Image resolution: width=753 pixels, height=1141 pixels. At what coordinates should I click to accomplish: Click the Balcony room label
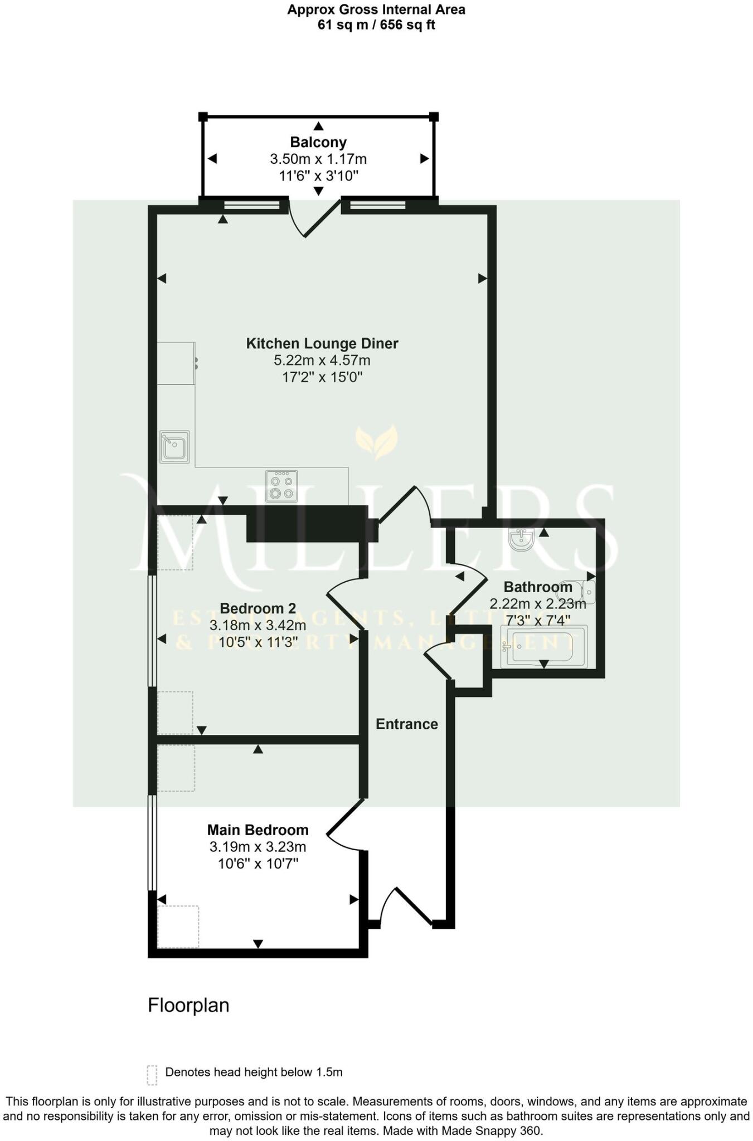tap(318, 142)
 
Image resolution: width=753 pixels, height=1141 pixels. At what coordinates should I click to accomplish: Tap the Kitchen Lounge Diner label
tap(322, 343)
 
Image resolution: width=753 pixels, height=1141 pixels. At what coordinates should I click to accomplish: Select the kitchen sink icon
tap(174, 447)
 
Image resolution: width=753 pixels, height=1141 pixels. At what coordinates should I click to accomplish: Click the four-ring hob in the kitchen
tap(281, 486)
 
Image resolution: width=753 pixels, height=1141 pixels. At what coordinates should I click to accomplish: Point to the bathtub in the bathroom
tap(543, 646)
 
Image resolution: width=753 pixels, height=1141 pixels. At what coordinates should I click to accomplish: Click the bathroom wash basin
tap(522, 539)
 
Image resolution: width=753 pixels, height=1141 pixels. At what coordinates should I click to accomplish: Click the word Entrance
tap(407, 724)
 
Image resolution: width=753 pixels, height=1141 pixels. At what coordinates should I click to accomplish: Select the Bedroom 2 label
tap(258, 608)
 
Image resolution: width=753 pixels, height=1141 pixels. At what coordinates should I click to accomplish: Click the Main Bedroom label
tap(258, 830)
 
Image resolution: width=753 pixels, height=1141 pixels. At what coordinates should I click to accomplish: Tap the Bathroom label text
tap(538, 587)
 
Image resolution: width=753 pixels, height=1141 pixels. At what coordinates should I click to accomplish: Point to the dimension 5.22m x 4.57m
tap(322, 360)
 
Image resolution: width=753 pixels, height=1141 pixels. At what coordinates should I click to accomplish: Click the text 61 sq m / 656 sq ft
tap(376, 25)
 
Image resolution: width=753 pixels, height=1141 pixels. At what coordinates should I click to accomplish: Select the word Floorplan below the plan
tap(188, 1006)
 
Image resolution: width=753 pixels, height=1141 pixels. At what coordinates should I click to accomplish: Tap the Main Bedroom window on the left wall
tap(150, 842)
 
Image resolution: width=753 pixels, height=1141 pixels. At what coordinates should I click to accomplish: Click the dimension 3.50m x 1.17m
tap(318, 159)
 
